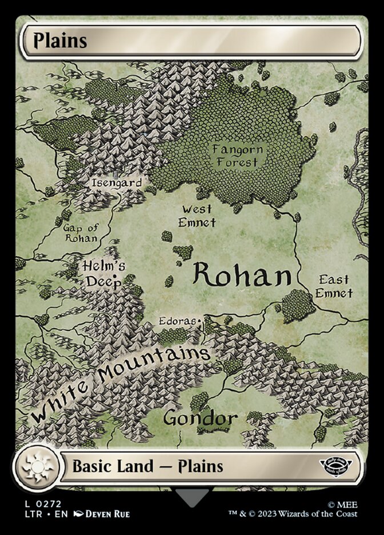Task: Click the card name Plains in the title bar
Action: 59,41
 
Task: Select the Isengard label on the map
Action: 117,183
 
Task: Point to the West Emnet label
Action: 197,215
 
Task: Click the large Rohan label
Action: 242,276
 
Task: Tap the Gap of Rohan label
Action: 80,233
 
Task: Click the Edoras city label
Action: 178,322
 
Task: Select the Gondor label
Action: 200,418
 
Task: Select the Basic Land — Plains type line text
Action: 147,466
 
